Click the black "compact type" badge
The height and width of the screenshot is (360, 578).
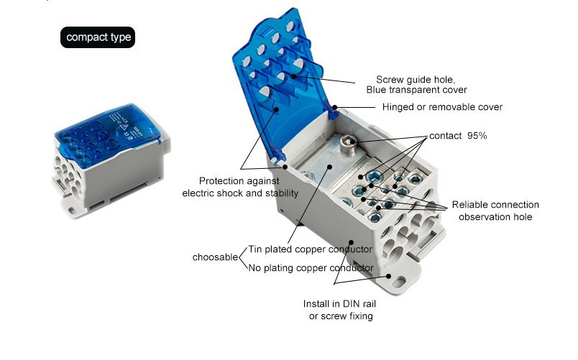pos(98,37)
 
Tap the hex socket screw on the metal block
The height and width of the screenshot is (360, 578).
pos(347,141)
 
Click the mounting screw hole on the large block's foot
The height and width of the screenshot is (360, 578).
pos(398,283)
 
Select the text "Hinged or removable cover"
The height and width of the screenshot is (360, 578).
pos(442,107)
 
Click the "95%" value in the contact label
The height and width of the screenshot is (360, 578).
pos(477,136)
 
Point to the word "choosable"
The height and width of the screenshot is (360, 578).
pos(215,257)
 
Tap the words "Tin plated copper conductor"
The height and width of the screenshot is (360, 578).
pos(311,249)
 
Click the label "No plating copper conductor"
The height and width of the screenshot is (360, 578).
pos(311,268)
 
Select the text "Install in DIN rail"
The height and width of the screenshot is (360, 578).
pos(339,304)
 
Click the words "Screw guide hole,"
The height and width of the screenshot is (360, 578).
pos(416,80)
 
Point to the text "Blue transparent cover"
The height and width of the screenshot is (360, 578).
pos(416,90)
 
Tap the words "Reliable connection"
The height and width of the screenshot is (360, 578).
pos(495,205)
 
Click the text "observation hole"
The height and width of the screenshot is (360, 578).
pos(495,217)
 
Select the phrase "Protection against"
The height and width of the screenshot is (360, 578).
pos(239,181)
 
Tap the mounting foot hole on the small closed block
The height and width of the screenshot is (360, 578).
pos(72,211)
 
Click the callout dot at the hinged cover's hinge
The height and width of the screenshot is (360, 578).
pos(335,108)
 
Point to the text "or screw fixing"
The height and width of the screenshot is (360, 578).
pos(341,315)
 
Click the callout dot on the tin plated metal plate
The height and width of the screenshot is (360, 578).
pos(329,167)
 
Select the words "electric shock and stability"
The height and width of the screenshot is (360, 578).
pos(240,193)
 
